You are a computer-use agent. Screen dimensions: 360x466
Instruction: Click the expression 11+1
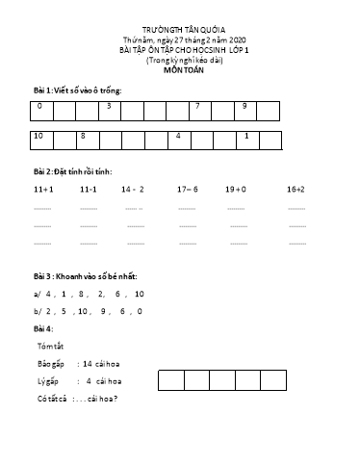[x=42, y=190]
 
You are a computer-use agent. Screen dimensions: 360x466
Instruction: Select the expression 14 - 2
[x=133, y=190]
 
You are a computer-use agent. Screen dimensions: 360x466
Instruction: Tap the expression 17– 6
[x=188, y=190]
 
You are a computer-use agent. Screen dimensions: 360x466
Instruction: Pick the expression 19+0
[x=236, y=190]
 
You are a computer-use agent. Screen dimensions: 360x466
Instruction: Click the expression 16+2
[x=296, y=190]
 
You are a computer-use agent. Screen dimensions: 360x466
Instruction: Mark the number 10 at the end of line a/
[x=140, y=293]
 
